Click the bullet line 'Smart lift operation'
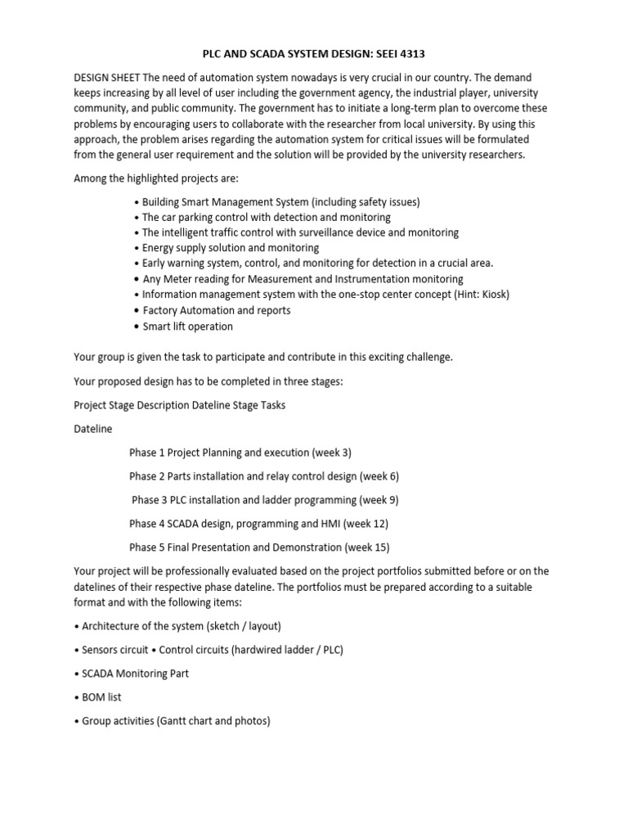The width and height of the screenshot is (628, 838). coord(187,327)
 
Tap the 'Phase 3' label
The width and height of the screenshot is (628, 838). coord(150,500)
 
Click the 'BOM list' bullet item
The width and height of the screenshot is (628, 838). coord(103,697)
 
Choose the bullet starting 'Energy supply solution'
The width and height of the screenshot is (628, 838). coord(231,247)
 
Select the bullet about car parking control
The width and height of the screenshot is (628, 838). coord(266,217)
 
